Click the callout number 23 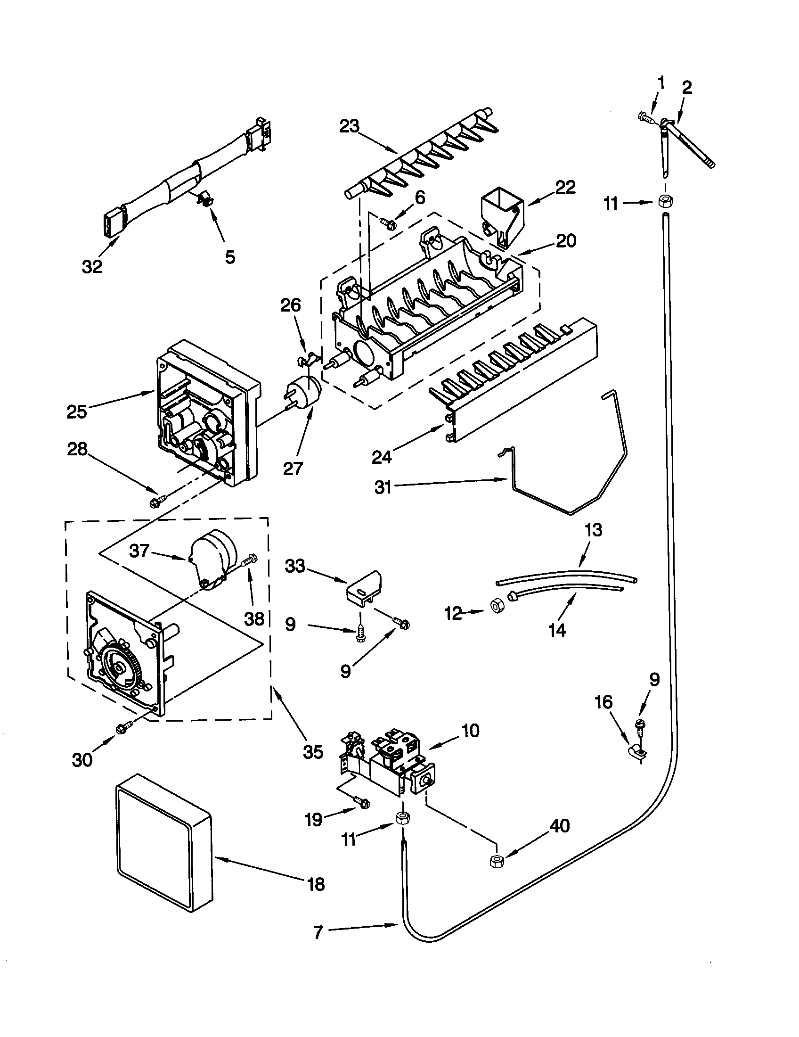[350, 127]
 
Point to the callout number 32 [92, 266]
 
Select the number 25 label [76, 412]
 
